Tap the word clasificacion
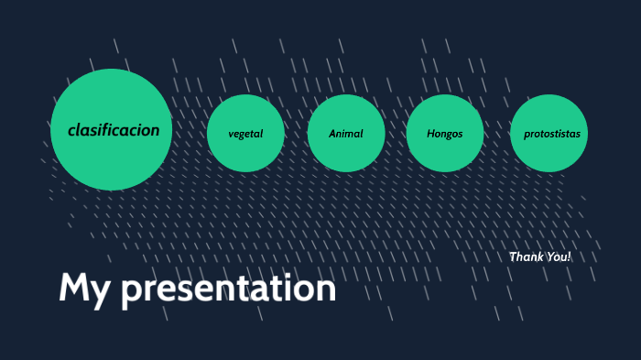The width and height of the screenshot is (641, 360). [114, 130]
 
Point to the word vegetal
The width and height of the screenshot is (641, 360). [245, 134]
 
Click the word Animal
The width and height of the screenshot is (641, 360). [345, 134]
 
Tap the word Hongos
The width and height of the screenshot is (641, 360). [445, 134]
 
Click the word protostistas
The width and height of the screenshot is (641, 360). [551, 134]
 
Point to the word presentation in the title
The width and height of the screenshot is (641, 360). [229, 289]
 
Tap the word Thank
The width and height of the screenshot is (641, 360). [526, 256]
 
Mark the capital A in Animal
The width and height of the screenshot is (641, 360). [333, 134]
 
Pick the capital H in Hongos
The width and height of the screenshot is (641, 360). [431, 134]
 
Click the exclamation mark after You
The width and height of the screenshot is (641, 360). [569, 256]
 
